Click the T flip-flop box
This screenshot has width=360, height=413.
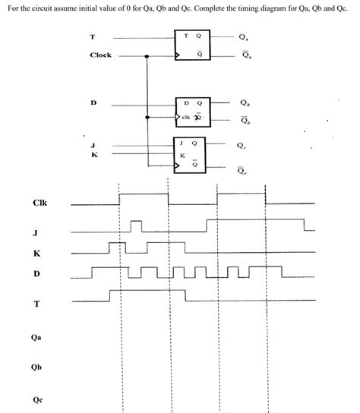point(193,45)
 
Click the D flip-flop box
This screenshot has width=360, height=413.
point(193,109)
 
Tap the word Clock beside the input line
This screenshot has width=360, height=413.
point(100,55)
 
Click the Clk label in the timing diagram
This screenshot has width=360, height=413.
point(39,203)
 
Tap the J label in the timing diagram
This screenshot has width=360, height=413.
point(36,233)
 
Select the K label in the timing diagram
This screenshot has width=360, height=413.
point(36,253)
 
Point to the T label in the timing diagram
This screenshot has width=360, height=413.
point(36,304)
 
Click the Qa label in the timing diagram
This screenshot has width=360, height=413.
point(36,338)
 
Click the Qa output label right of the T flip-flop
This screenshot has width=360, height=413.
point(242,35)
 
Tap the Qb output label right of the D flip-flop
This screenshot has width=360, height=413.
point(242,102)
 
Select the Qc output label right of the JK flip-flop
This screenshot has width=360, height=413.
point(242,145)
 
